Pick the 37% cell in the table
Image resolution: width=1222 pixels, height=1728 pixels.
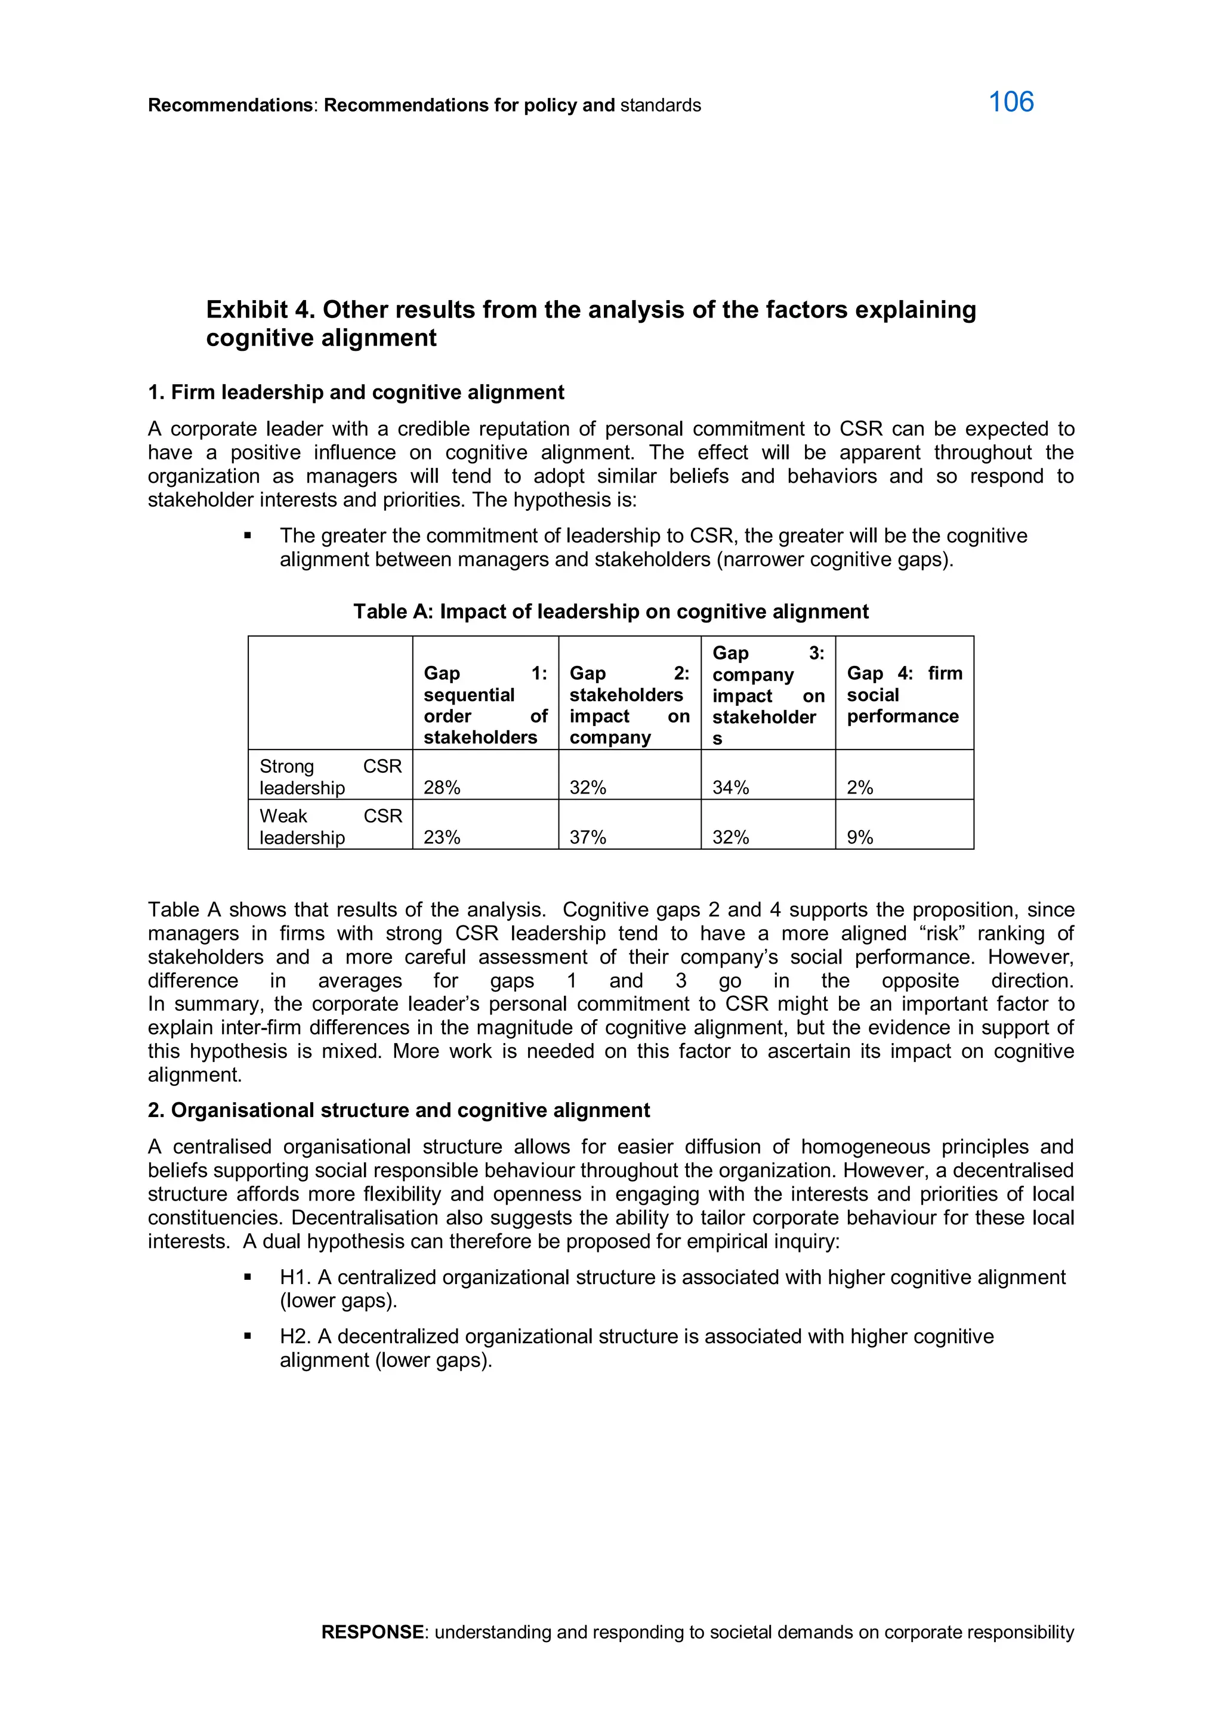click(588, 837)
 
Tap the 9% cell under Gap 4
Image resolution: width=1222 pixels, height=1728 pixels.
click(859, 837)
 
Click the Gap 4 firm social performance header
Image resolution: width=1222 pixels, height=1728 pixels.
click(904, 694)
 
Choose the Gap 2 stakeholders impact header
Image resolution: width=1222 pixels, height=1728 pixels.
click(629, 705)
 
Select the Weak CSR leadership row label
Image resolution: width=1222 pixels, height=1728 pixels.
click(331, 826)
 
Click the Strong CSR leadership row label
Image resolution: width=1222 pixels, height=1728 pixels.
click(331, 777)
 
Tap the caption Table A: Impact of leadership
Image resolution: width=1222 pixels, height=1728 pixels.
click(610, 611)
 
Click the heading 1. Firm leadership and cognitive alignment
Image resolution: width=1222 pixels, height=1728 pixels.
click(355, 392)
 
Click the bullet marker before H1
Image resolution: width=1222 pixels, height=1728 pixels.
click(248, 1277)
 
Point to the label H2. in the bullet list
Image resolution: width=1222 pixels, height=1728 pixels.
click(295, 1336)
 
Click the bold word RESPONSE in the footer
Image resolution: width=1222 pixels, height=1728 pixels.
click(372, 1632)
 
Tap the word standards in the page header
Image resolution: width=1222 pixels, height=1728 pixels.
click(660, 106)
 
